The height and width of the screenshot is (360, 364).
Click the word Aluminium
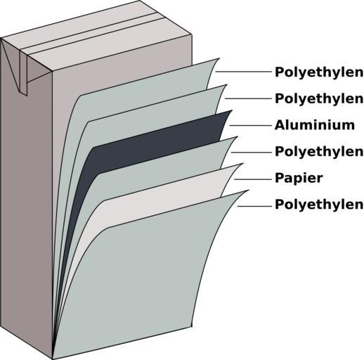(x=315, y=125)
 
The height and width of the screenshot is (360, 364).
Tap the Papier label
(x=299, y=178)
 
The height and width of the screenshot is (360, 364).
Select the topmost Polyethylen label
(x=319, y=72)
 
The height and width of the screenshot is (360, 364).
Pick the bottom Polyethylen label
(x=319, y=205)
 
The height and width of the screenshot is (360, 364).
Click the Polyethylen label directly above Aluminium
(x=319, y=98)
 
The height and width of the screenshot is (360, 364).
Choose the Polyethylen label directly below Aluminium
(x=319, y=152)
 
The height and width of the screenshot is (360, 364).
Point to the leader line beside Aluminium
(x=250, y=125)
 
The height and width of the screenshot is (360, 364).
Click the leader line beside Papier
(x=252, y=179)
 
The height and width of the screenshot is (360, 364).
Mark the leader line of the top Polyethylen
(x=243, y=72)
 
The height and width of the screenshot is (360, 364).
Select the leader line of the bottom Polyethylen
(x=254, y=206)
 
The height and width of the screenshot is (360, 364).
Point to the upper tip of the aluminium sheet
(x=232, y=110)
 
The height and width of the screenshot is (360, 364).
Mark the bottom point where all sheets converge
(x=53, y=358)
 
